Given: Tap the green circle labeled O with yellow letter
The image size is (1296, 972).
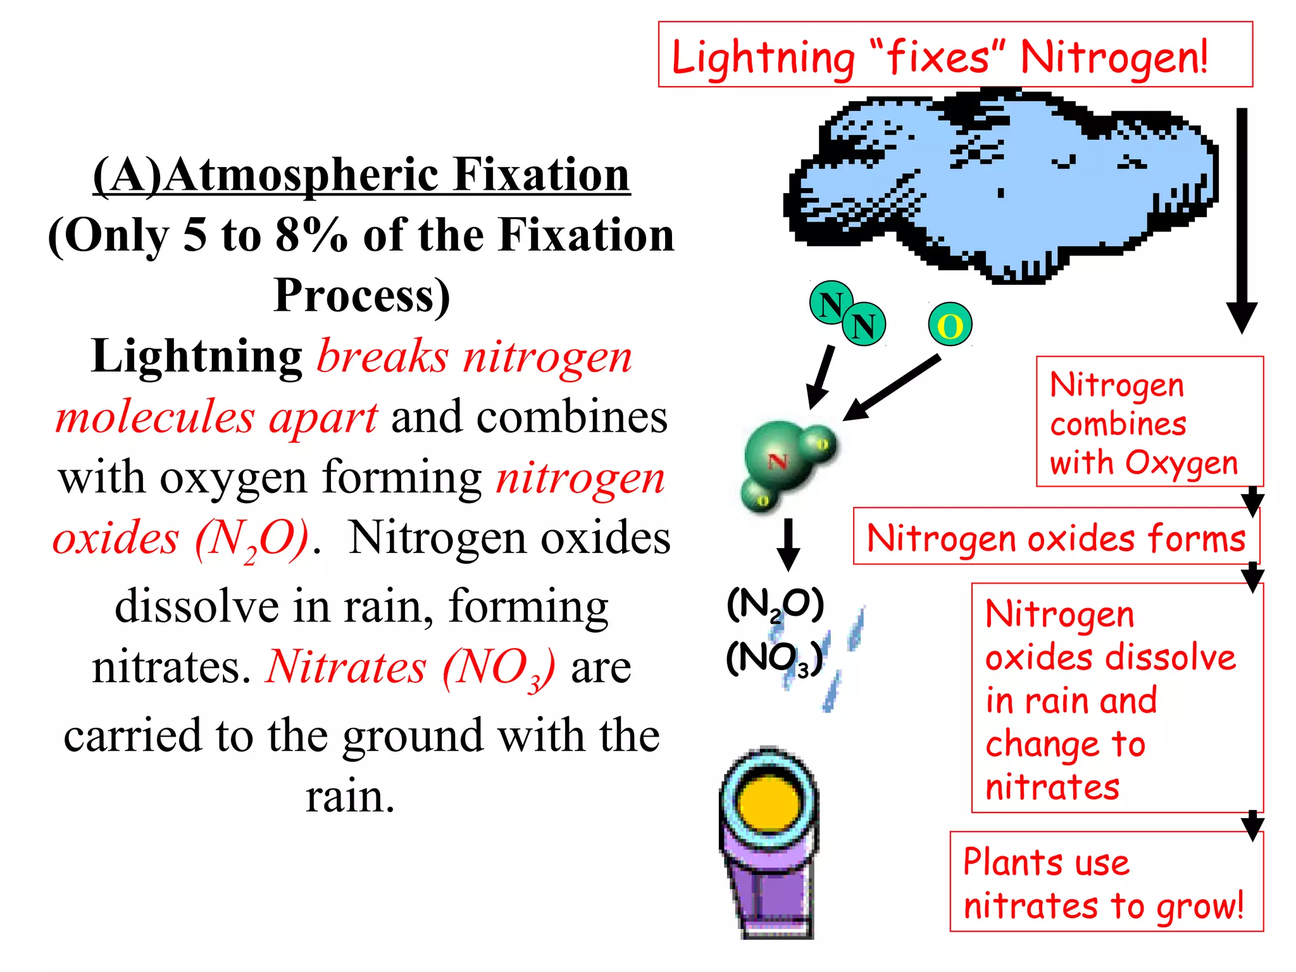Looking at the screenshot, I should point(950,325).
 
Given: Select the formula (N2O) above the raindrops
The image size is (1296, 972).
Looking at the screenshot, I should point(775,605).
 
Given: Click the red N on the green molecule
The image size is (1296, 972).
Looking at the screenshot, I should point(778,461).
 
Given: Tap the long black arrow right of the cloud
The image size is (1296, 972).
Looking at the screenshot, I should point(1242,221).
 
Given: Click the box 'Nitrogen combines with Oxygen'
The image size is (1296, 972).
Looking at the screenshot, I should point(1149,422).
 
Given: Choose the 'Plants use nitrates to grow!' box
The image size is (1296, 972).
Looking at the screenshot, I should point(1106,882).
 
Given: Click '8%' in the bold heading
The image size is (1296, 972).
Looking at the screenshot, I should point(311,235).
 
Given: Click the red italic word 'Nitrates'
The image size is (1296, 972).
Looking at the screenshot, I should point(346,667).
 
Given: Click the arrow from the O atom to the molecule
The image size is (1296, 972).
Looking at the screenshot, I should point(892,387).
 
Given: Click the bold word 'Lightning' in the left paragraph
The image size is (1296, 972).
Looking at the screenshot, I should point(197,356).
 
